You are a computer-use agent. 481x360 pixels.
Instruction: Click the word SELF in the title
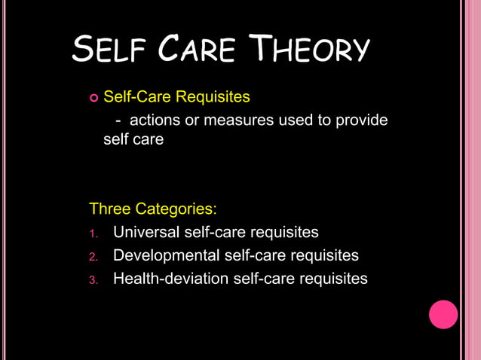(x=112, y=51)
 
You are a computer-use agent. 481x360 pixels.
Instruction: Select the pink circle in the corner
(x=443, y=314)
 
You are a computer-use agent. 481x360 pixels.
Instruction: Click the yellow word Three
(x=110, y=208)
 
